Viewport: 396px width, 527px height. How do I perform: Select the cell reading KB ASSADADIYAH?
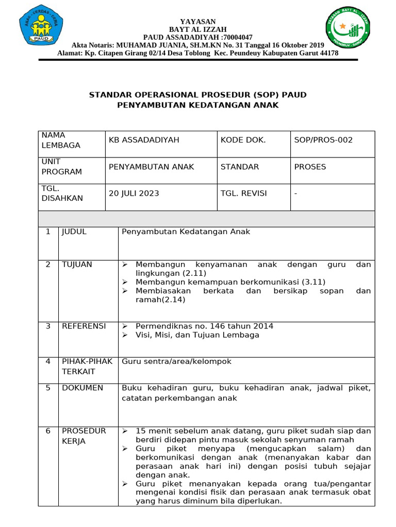pos(137,139)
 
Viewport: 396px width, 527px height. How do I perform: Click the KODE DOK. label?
pos(243,139)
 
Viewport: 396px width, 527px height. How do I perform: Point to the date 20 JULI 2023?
pos(134,194)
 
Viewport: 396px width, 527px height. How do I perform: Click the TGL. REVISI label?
pos(244,194)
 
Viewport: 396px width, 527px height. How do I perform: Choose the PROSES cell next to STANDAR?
pos(310,167)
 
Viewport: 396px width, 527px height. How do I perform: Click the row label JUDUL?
pos(74,232)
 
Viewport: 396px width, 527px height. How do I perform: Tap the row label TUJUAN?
pos(77,265)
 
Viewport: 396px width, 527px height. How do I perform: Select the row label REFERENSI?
pos(84,326)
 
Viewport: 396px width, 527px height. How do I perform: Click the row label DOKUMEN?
pos(82,388)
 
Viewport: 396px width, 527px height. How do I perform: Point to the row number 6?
pos(48,431)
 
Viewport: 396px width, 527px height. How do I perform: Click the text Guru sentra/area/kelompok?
pos(176,362)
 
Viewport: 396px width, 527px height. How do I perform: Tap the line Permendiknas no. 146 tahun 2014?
pos(204,326)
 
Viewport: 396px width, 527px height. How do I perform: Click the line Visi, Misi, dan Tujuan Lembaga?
pos(197,335)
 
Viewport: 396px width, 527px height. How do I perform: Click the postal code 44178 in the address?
pos(329,53)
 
